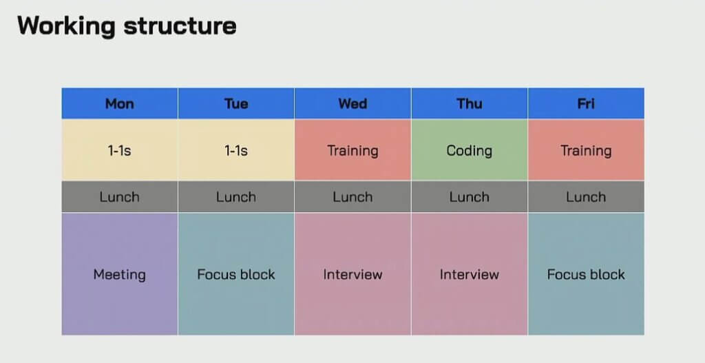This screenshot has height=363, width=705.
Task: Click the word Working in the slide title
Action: pyautogui.click(x=66, y=26)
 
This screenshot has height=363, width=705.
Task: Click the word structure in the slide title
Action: pyautogui.click(x=180, y=26)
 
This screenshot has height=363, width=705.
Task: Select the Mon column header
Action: pyautogui.click(x=120, y=103)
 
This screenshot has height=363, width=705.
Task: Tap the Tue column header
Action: pyautogui.click(x=236, y=103)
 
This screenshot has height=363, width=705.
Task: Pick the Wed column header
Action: pyautogui.click(x=352, y=103)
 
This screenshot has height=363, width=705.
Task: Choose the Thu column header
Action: pyautogui.click(x=470, y=103)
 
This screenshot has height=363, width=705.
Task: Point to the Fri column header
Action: pyautogui.click(x=586, y=103)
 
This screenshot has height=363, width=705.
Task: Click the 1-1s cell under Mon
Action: pyautogui.click(x=120, y=150)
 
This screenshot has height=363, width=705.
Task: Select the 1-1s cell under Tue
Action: pyautogui.click(x=236, y=150)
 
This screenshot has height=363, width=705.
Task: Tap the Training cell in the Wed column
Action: pyautogui.click(x=352, y=150)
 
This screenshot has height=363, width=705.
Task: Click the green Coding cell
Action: pyautogui.click(x=470, y=150)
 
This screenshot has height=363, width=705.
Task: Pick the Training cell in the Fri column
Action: pyautogui.click(x=586, y=150)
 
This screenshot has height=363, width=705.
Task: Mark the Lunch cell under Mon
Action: pyautogui.click(x=120, y=196)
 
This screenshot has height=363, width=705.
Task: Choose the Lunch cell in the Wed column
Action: pyautogui.click(x=352, y=196)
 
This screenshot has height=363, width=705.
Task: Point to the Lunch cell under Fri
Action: pyautogui.click(x=586, y=196)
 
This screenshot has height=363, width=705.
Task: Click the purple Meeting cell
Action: pyautogui.click(x=120, y=274)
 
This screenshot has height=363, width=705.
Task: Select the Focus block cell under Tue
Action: pyautogui.click(x=236, y=274)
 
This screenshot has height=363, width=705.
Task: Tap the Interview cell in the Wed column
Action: pyautogui.click(x=352, y=274)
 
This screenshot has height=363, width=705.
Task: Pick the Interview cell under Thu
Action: pyautogui.click(x=470, y=274)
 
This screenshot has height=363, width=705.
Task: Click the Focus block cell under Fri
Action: pyautogui.click(x=586, y=274)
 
